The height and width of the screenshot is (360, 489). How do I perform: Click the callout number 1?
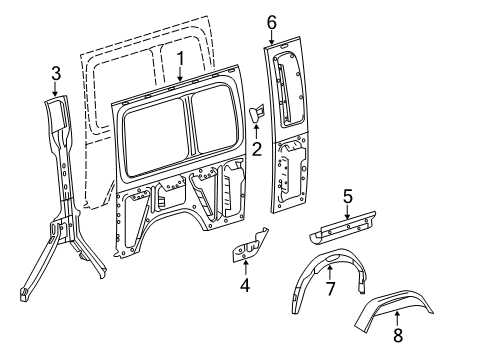[x=180, y=58]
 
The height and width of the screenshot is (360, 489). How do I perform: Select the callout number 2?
[x=256, y=150]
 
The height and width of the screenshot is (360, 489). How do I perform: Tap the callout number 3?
[x=56, y=71]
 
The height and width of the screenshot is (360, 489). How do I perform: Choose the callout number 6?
[x=271, y=21]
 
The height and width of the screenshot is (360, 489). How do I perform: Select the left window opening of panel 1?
[x=153, y=131]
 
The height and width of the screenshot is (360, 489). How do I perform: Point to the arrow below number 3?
[x=56, y=88]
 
